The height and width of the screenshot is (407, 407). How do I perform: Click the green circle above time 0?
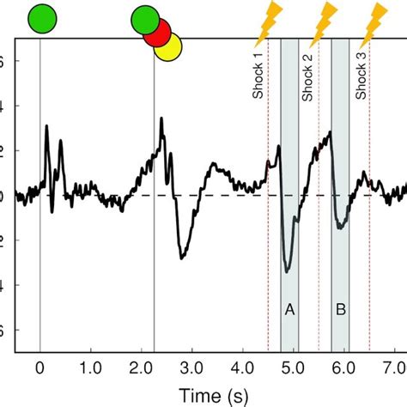(x=41, y=18)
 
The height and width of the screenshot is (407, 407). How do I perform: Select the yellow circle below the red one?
(x=169, y=48)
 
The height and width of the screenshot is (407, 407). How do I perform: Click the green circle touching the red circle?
(x=146, y=21)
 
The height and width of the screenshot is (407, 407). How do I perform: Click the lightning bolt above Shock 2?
(x=323, y=22)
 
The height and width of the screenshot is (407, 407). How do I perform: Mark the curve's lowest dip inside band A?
(x=287, y=271)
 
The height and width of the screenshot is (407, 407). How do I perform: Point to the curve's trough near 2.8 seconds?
(x=181, y=258)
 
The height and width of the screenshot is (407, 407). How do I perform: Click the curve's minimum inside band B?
(x=341, y=228)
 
